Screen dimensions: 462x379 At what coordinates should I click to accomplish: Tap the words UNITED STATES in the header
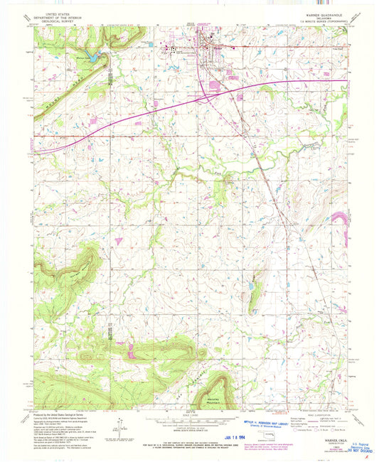(59, 13)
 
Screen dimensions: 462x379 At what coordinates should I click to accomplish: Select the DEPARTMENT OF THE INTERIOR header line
(59, 17)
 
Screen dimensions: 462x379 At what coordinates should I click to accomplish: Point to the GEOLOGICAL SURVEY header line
(59, 21)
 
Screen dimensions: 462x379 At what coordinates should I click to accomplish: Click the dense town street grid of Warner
(210, 46)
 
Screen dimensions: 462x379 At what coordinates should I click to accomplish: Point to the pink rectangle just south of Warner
(213, 87)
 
